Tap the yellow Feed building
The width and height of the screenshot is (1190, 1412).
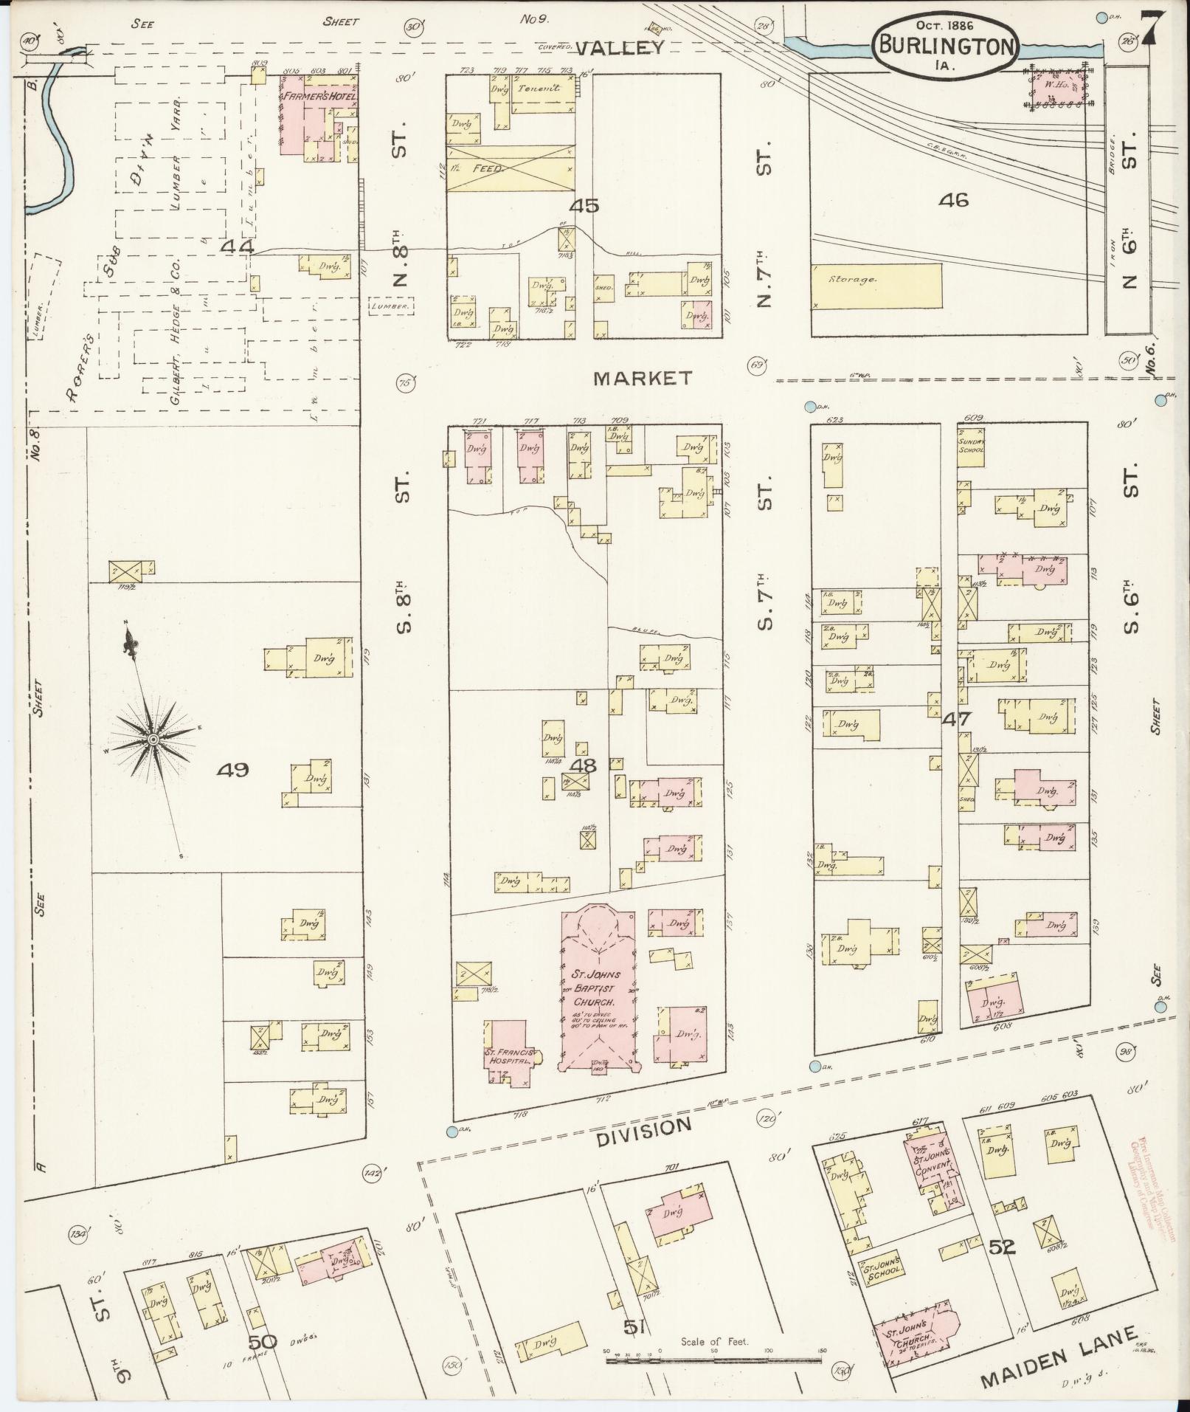[x=509, y=168]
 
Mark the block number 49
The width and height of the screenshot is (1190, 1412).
[x=232, y=771]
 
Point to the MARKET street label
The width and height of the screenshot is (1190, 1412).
[x=643, y=379]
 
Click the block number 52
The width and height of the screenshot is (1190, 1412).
[x=1001, y=1247]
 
